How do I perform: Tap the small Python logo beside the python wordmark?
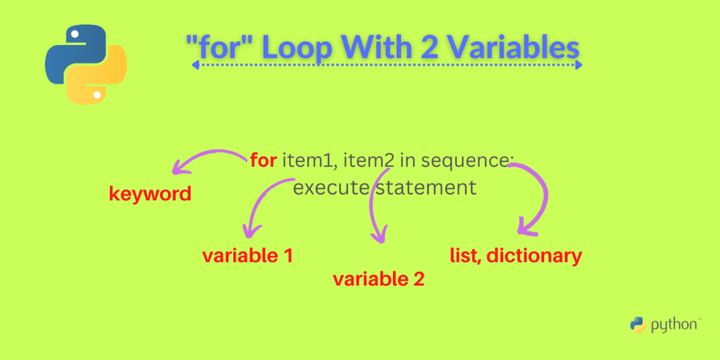[x=638, y=325]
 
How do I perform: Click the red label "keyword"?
[x=150, y=194]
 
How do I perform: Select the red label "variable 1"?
[x=247, y=256]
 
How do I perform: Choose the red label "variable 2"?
[x=378, y=279]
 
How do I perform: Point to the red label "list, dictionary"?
[x=515, y=255]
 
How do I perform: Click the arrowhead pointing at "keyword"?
[x=179, y=168]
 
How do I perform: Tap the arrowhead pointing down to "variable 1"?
[x=250, y=231]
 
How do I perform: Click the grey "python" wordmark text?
[x=674, y=325]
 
